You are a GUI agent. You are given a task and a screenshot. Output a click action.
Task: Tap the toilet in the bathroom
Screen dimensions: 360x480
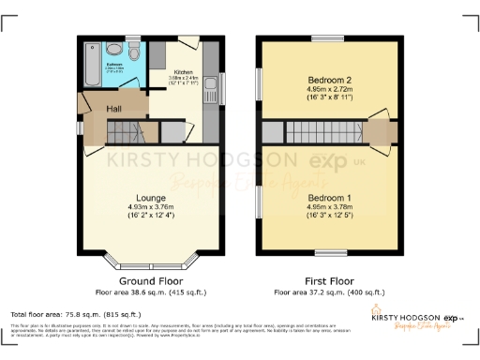tap(112, 49)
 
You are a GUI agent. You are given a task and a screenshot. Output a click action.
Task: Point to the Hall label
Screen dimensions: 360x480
tap(113, 110)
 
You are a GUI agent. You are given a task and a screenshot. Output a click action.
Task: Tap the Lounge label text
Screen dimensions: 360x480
tap(150, 198)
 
